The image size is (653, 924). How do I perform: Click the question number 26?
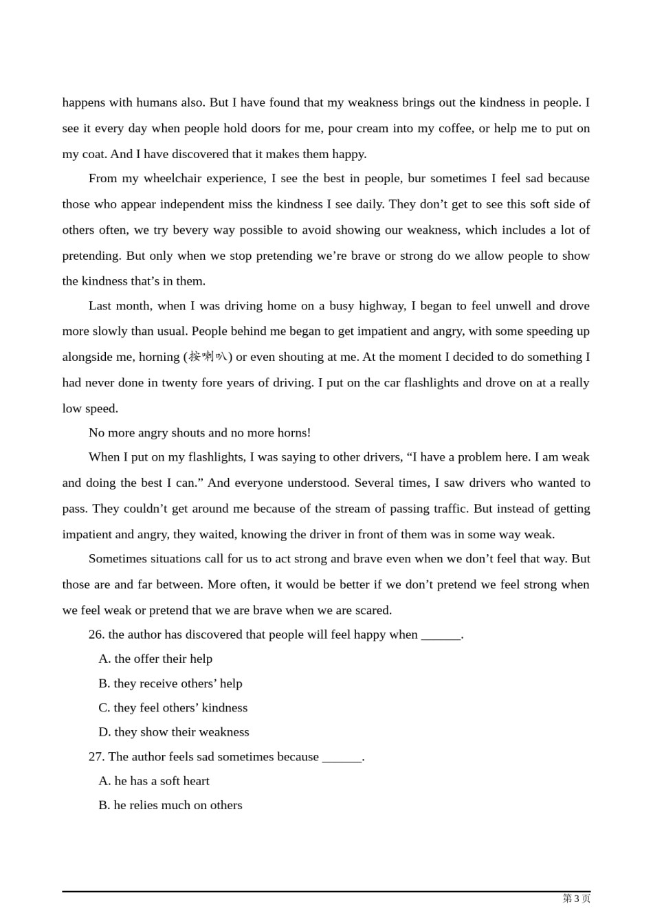click(96, 635)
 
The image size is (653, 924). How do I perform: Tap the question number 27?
click(96, 757)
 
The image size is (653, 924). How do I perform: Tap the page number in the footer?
click(576, 899)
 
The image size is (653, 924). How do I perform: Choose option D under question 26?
click(174, 732)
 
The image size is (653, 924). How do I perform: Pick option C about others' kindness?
click(173, 708)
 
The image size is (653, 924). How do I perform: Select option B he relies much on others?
click(170, 806)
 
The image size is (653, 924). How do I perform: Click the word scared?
click(373, 610)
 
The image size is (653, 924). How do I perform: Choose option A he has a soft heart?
click(154, 781)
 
